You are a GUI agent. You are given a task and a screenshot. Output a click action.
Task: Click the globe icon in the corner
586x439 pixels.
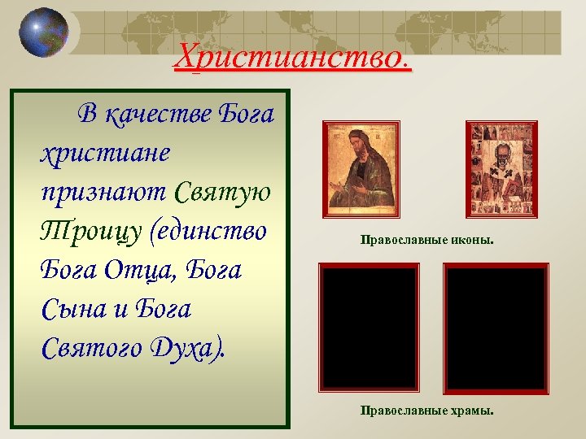(x=44, y=32)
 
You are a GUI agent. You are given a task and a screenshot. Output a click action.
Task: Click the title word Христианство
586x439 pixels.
(x=294, y=56)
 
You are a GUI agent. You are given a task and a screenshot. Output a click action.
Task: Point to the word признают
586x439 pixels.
(x=103, y=193)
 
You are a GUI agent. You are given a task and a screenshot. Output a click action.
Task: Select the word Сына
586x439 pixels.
(x=77, y=310)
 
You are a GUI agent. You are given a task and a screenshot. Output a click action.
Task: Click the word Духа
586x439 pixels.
(x=188, y=349)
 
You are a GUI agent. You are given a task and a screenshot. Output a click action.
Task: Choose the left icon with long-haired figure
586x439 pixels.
(x=361, y=169)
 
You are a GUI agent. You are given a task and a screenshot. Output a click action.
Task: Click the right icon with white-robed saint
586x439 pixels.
(x=501, y=169)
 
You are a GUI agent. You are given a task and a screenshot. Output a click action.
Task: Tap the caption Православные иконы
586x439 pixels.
(x=427, y=241)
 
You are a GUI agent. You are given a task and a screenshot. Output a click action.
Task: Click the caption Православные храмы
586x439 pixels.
(x=427, y=411)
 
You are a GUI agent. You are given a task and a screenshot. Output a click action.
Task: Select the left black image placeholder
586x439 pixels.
(x=369, y=327)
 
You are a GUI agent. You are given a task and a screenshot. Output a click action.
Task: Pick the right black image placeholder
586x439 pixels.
(x=496, y=327)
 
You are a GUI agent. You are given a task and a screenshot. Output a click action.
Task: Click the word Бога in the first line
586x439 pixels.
(x=247, y=114)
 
